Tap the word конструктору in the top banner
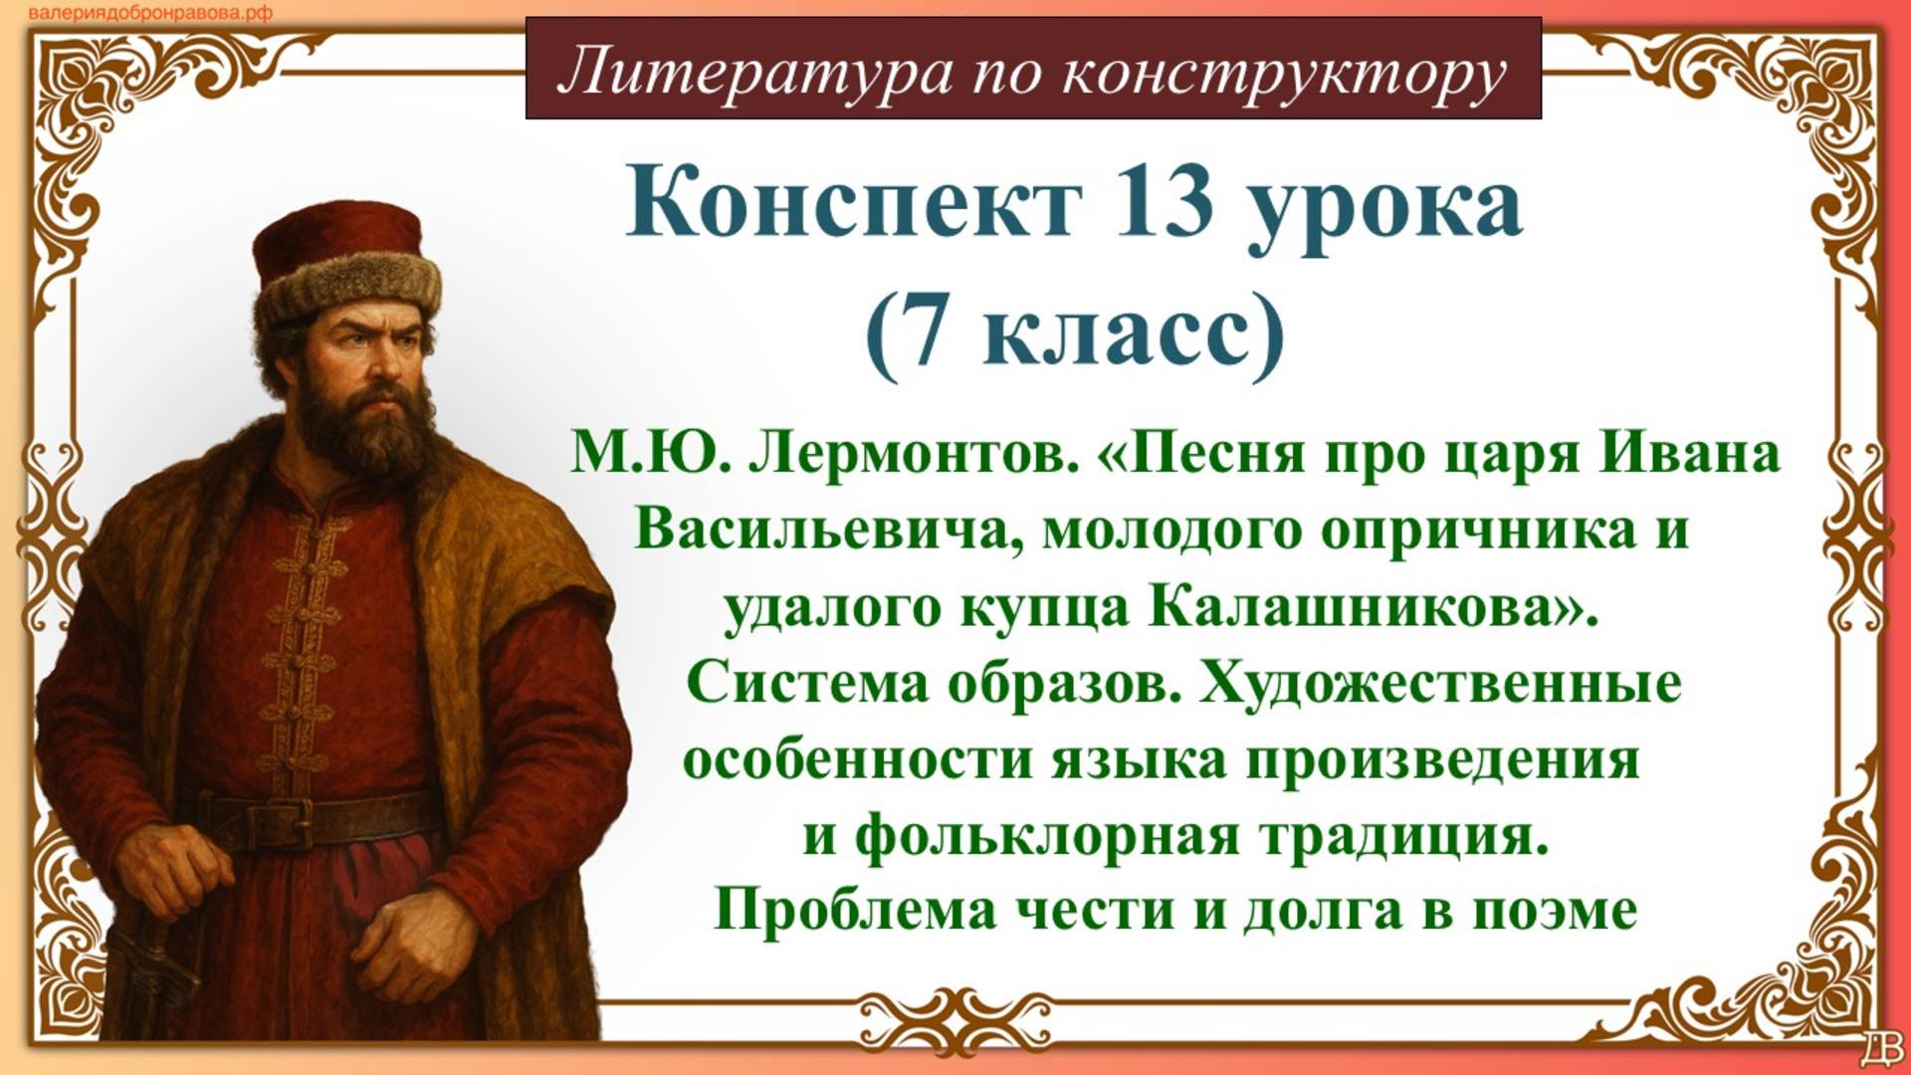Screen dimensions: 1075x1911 [x=1284, y=72]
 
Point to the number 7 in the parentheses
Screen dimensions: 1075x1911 [x=926, y=331]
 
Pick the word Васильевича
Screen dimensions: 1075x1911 [x=822, y=530]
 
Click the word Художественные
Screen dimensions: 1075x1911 [x=1439, y=684]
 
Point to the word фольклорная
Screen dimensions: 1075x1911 [x=1045, y=836]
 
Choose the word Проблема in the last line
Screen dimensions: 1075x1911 [x=855, y=910]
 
